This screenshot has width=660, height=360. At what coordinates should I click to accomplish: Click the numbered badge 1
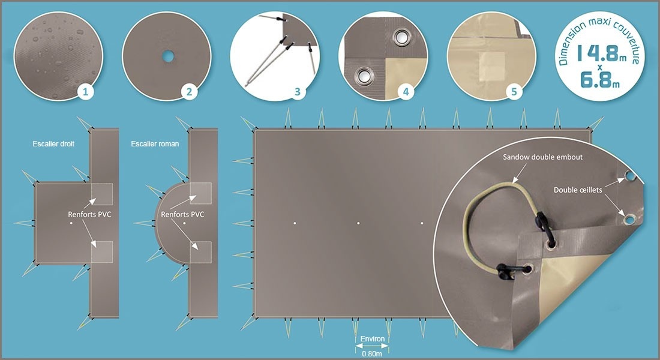point(86,91)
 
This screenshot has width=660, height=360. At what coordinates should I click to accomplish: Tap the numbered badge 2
point(189,91)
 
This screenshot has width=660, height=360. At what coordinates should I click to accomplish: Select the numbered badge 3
point(298,91)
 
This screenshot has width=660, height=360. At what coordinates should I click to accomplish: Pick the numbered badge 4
point(406,91)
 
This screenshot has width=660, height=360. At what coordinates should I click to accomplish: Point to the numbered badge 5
point(514,91)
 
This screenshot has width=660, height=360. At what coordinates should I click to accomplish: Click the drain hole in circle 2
point(168,56)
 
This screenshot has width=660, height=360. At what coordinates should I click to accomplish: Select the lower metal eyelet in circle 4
point(362,77)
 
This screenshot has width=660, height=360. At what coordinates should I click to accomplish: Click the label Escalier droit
point(53,144)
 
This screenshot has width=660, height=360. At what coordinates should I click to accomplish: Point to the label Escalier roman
point(155,144)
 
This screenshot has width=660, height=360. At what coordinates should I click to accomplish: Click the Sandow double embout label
point(543,157)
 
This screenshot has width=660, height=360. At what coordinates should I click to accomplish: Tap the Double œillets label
point(578,190)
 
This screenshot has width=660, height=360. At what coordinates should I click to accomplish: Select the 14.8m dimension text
point(598,53)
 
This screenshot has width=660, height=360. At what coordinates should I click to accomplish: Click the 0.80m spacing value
point(372,354)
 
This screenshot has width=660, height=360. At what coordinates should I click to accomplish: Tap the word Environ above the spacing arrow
point(373,339)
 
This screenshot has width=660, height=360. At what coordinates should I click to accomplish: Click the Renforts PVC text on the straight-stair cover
point(89,214)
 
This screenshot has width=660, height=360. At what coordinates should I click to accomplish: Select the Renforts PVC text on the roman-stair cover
point(182,214)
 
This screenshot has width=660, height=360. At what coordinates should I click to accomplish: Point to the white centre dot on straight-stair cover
point(71,223)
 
